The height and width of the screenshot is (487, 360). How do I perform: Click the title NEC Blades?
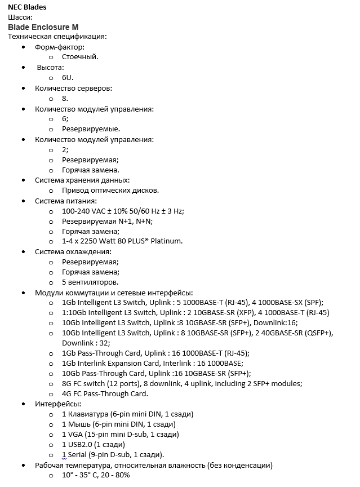[28, 7]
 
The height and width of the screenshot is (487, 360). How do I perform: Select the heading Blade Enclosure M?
[43, 27]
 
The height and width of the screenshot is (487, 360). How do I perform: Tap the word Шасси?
[19, 17]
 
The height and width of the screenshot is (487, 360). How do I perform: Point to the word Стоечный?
[80, 57]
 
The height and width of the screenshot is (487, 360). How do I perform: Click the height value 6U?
[68, 78]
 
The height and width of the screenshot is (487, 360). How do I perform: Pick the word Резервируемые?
[91, 129]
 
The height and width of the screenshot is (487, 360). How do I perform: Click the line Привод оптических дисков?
[110, 191]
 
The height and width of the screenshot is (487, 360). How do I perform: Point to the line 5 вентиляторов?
[90, 282]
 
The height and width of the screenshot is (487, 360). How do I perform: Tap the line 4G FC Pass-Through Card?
[105, 393]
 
